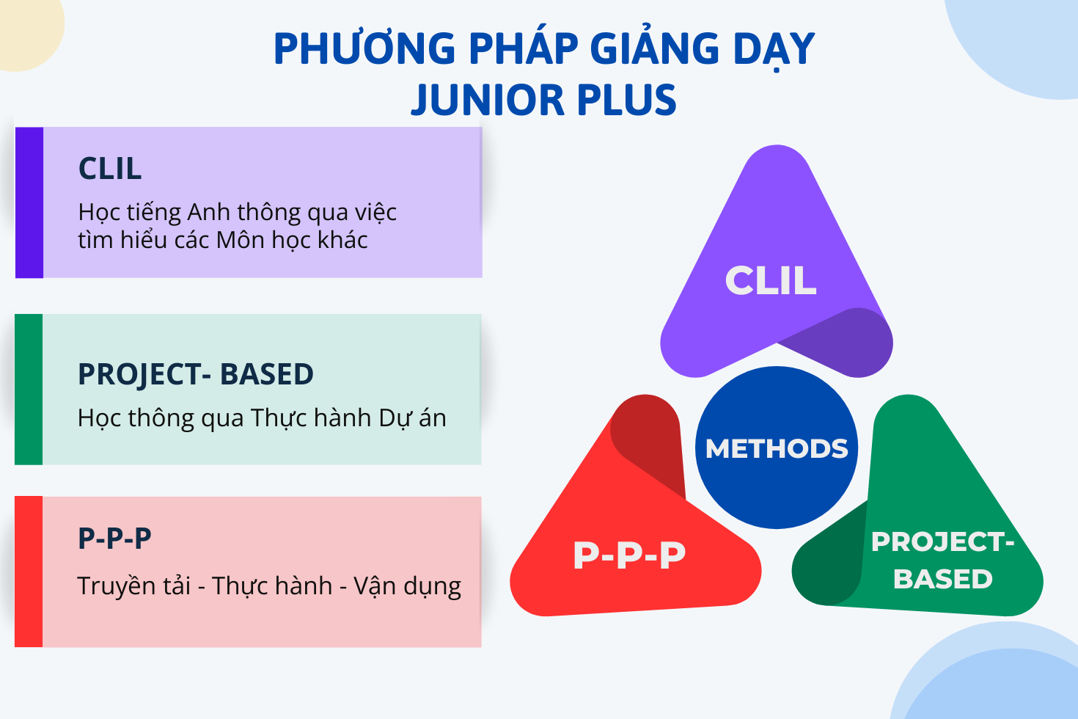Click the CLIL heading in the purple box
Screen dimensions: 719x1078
point(110,169)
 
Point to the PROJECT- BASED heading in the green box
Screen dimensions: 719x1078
point(196,374)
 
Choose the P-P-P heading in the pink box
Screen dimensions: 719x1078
point(114,539)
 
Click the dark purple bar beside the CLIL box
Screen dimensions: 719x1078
point(29,202)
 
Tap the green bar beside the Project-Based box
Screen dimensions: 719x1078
point(29,390)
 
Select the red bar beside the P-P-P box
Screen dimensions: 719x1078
point(29,572)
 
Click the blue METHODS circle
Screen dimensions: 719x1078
point(777,448)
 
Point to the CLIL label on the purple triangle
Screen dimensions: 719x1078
point(771,280)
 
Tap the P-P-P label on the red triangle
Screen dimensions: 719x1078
point(629,555)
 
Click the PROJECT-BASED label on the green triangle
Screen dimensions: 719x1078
point(943,561)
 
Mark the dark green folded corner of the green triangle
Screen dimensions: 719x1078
point(832,561)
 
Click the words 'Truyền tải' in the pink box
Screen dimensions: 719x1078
point(133,586)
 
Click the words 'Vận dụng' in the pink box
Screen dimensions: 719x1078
point(408,586)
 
